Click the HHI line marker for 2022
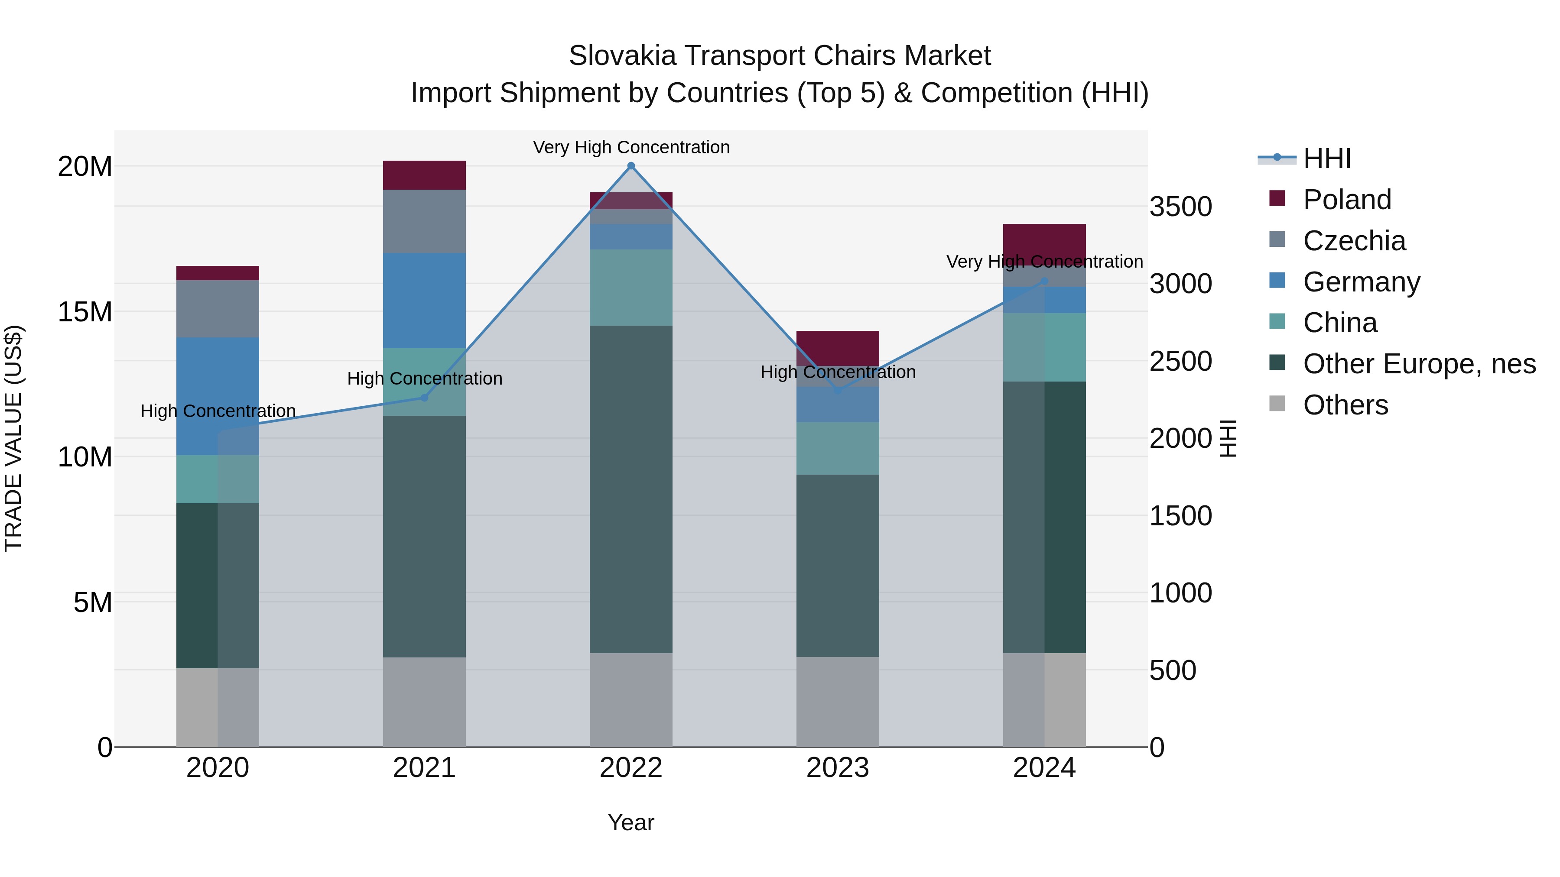pyautogui.click(x=630, y=166)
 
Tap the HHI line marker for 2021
pyautogui.click(x=424, y=398)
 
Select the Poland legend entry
pyautogui.click(x=1347, y=200)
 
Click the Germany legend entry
pyautogui.click(x=1361, y=282)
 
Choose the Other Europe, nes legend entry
pyautogui.click(x=1419, y=364)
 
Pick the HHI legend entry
pyautogui.click(x=1326, y=159)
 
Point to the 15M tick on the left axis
pyautogui.click(x=85, y=312)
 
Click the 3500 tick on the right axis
pyautogui.click(x=1180, y=207)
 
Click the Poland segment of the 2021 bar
pyautogui.click(x=424, y=175)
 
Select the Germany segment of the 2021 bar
pyautogui.click(x=424, y=300)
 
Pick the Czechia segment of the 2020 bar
pyautogui.click(x=218, y=309)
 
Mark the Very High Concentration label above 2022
pyautogui.click(x=630, y=147)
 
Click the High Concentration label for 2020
pyautogui.click(x=218, y=411)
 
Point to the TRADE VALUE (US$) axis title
pyautogui.click(x=13, y=438)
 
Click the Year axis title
pyautogui.click(x=630, y=822)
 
